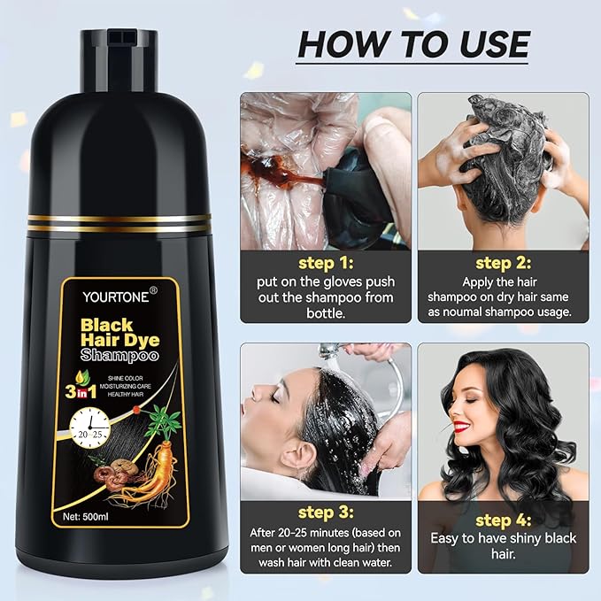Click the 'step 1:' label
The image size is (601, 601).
(x=325, y=263)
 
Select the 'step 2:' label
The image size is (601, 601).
(x=502, y=263)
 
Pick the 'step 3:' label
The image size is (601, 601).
(x=325, y=512)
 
